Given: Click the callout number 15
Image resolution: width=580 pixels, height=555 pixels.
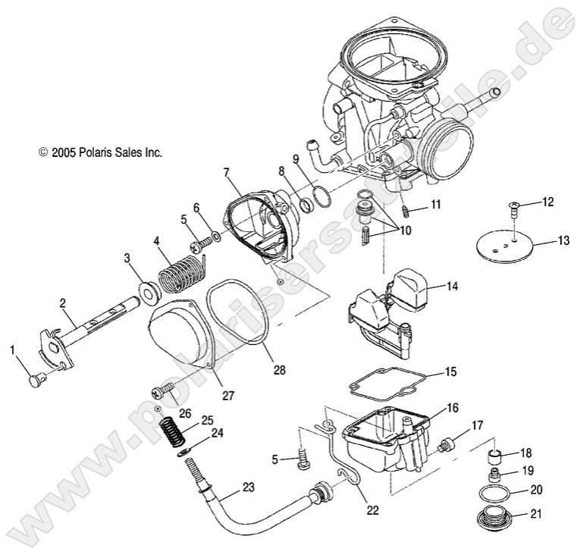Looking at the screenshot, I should click(x=450, y=373).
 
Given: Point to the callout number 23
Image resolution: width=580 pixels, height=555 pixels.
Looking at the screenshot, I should click(x=248, y=486).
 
